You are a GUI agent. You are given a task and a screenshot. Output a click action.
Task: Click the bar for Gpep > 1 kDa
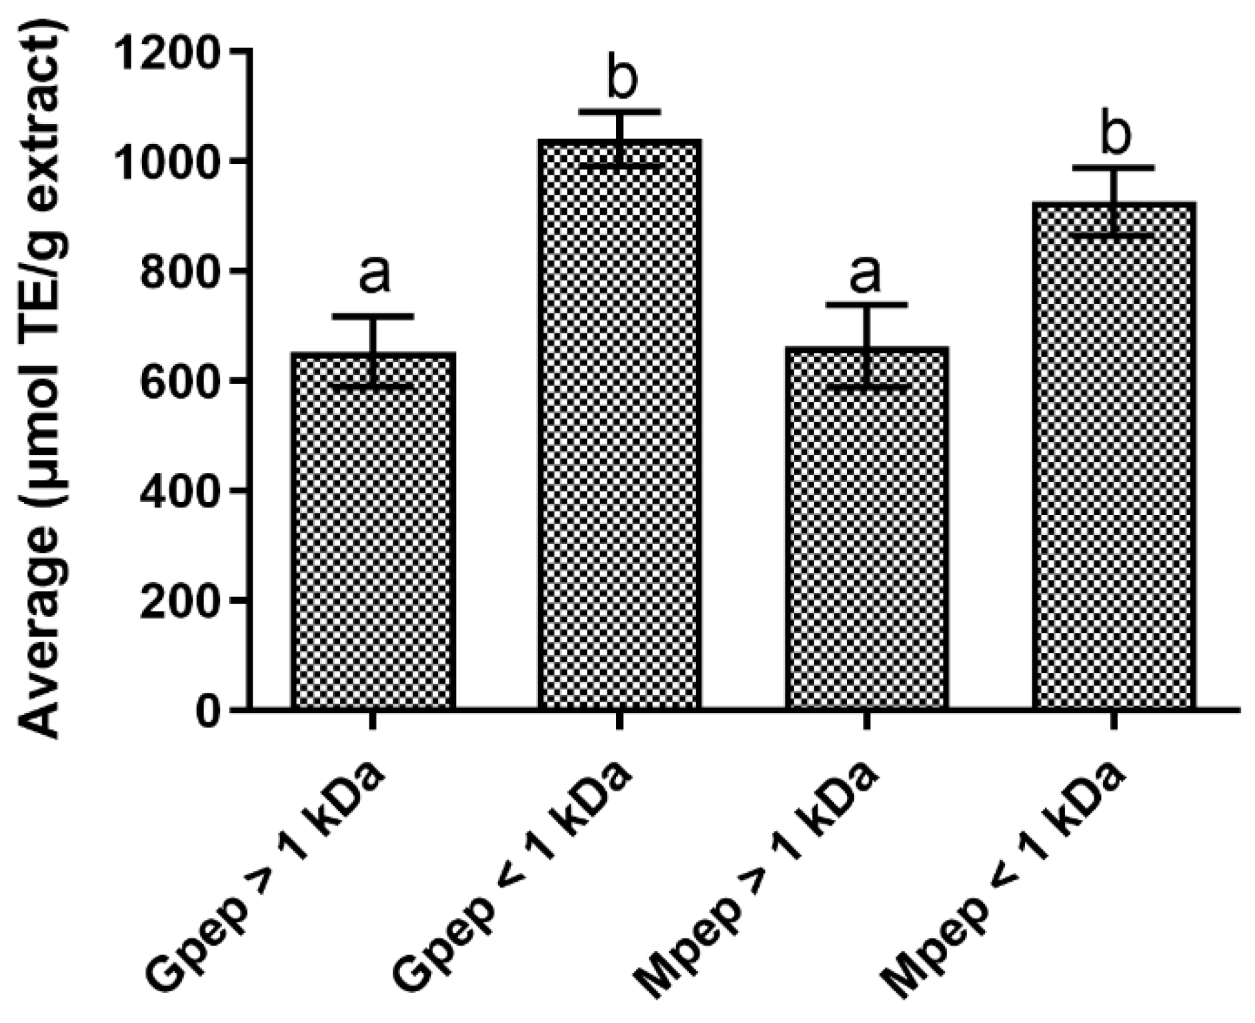pos(373,534)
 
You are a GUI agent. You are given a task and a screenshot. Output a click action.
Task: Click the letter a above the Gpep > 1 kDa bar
pos(374,274)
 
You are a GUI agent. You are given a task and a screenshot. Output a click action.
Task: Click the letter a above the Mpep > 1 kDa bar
pos(866,273)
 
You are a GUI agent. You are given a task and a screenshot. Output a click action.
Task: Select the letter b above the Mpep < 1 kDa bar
pos(1114,133)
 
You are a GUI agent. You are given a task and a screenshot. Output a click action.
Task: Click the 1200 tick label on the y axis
pos(167,51)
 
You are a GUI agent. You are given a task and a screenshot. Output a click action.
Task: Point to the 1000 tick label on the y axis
pos(167,161)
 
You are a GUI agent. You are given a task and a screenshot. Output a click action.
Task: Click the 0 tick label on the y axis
pos(207,712)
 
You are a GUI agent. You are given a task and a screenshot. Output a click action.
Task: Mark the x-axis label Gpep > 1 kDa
pos(267,874)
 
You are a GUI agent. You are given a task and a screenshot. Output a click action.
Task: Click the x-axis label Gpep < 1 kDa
pos(513,874)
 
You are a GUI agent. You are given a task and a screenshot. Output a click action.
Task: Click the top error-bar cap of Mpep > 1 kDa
pos(866,304)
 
